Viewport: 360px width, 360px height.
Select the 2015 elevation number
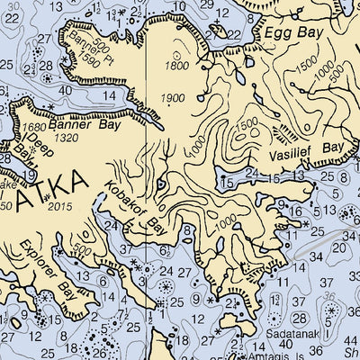click(60, 208)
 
